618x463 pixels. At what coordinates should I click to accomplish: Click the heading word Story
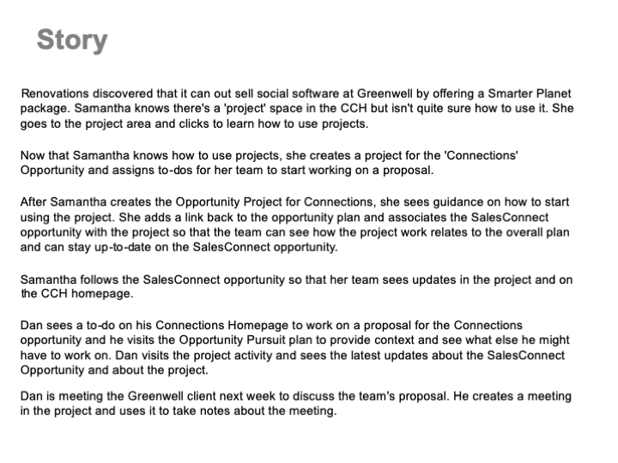coord(72,40)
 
